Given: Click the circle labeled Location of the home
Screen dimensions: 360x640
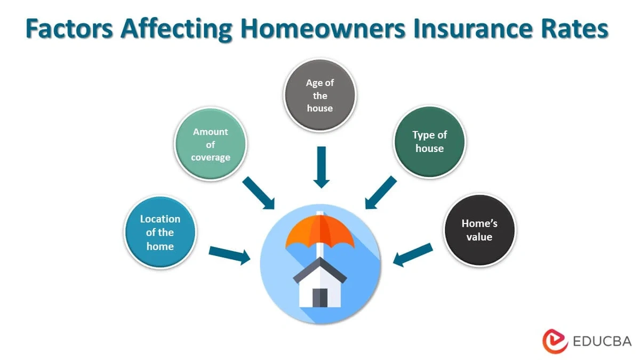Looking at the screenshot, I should tap(160, 233).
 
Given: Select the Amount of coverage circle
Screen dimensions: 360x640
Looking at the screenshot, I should tap(211, 143).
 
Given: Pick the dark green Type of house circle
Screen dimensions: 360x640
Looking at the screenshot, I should tap(430, 141).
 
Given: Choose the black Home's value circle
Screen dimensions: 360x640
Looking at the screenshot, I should tap(479, 229).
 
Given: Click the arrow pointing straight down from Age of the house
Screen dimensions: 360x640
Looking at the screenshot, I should tap(320, 166).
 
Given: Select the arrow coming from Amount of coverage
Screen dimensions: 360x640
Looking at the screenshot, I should tap(259, 193).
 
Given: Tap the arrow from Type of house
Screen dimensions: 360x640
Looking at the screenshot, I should tap(381, 193).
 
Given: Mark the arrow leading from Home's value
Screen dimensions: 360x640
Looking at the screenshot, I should tap(412, 254).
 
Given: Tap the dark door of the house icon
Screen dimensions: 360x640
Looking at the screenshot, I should tap(320, 297).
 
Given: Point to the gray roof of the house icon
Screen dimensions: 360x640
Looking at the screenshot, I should tap(320, 269).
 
